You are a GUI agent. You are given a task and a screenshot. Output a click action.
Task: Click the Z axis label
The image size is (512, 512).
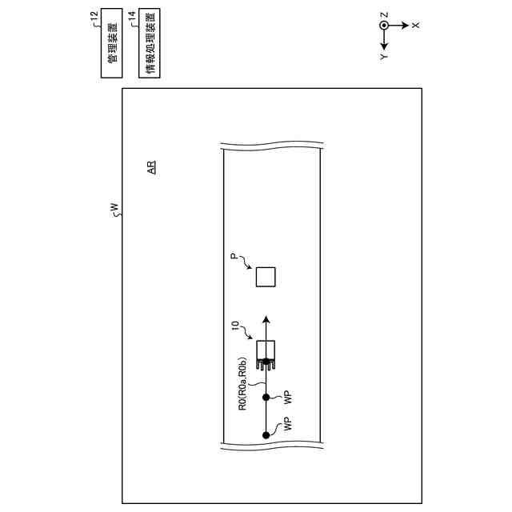(385, 14)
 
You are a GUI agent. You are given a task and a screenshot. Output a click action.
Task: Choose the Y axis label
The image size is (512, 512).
(385, 58)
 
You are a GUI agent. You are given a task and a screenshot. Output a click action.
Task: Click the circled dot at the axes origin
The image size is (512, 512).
(385, 25)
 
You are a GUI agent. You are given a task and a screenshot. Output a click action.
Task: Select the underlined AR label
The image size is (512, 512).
(150, 168)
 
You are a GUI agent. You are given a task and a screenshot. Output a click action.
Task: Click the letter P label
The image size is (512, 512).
(234, 258)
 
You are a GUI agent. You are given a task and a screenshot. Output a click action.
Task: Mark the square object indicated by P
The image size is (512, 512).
(266, 277)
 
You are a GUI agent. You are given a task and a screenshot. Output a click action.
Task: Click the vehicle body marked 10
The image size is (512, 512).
(266, 351)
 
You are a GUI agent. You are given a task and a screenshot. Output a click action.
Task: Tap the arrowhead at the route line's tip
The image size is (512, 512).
(266, 318)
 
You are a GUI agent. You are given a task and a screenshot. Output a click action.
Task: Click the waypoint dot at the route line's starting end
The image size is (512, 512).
(266, 435)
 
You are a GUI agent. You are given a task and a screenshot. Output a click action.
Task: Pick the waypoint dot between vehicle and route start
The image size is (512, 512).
(266, 394)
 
